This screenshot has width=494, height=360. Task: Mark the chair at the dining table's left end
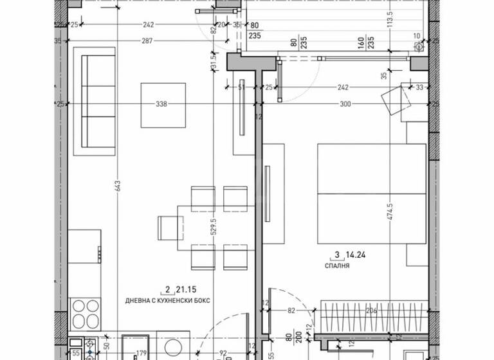tap(170, 228)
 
